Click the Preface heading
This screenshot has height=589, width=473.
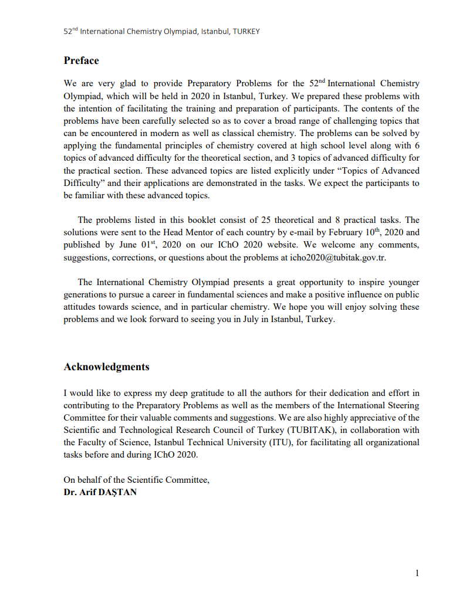[x=81, y=61]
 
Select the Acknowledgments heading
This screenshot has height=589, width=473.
[x=106, y=367]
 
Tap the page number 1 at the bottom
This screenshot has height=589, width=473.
[x=417, y=573]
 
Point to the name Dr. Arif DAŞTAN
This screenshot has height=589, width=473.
[x=100, y=492]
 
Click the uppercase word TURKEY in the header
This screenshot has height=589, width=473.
[x=246, y=31]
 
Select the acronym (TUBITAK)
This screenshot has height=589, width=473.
[x=310, y=430]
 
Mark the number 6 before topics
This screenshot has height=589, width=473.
[x=417, y=146]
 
